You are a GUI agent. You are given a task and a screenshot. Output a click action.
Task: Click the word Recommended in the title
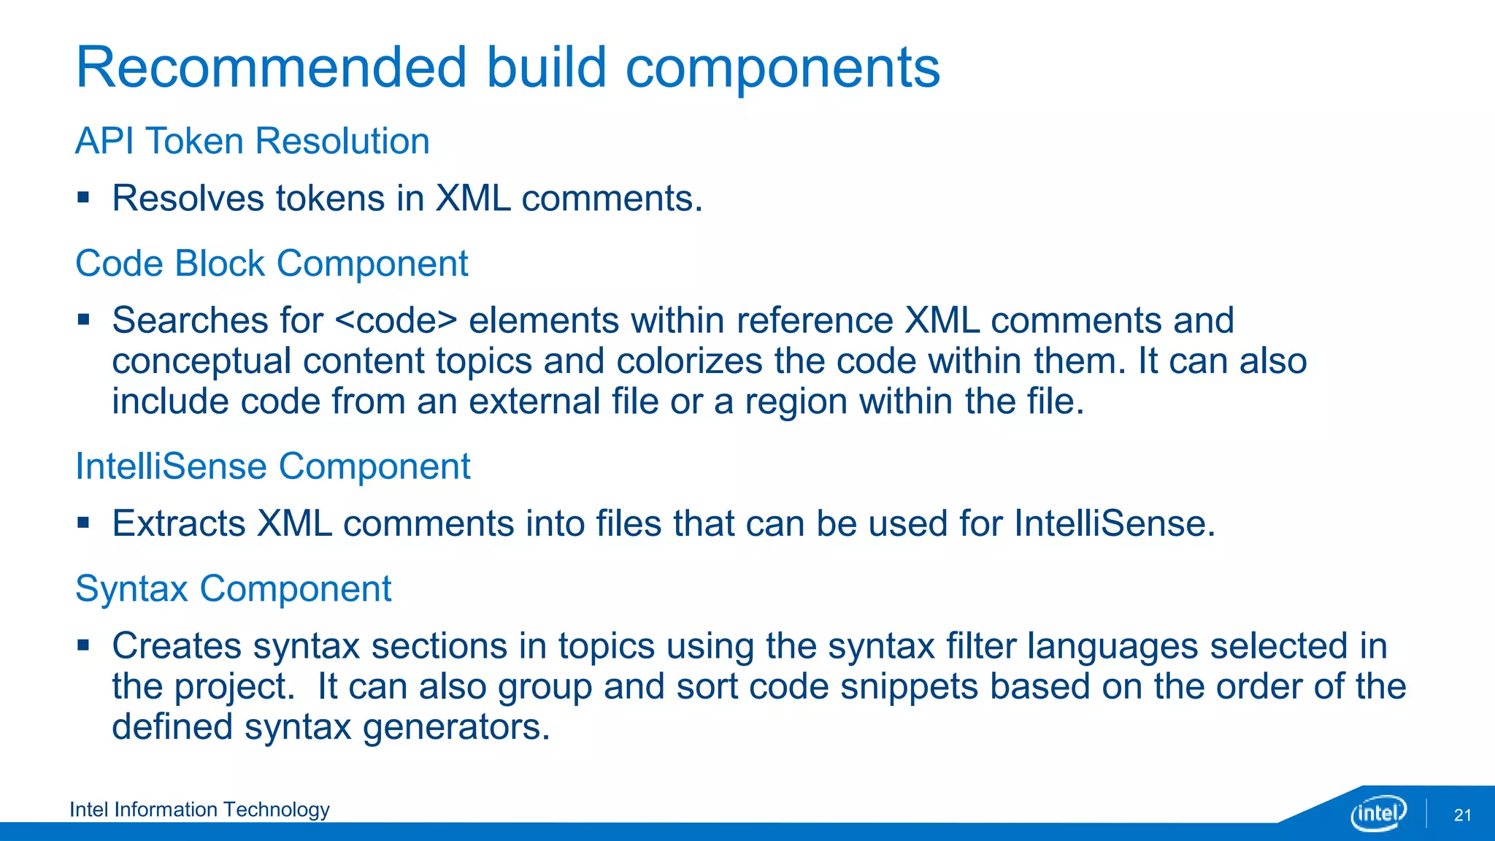pyautogui.click(x=271, y=68)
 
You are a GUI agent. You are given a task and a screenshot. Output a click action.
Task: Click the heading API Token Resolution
pyautogui.click(x=252, y=141)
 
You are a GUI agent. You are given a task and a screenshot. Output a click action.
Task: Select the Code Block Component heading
pyautogui.click(x=272, y=264)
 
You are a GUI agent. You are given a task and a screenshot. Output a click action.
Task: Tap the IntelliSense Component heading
pyautogui.click(x=273, y=466)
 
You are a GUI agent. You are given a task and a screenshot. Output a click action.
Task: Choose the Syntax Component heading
pyautogui.click(x=234, y=588)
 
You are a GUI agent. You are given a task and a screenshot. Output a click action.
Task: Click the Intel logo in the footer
pyautogui.click(x=1378, y=813)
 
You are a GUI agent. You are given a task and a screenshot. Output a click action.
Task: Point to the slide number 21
pyautogui.click(x=1462, y=815)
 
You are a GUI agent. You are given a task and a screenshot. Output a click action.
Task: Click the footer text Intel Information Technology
pyautogui.click(x=199, y=810)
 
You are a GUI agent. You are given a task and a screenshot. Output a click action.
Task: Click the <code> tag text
pyautogui.click(x=396, y=321)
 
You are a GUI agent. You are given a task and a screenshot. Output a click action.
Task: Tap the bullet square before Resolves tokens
pyautogui.click(x=83, y=197)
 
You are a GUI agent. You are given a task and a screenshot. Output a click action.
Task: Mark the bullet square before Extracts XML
pyautogui.click(x=83, y=523)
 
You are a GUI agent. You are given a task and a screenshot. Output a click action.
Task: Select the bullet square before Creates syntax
pyautogui.click(x=83, y=645)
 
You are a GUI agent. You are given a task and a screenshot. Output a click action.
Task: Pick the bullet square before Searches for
pyautogui.click(x=83, y=319)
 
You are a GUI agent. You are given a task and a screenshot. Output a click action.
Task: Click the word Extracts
pyautogui.click(x=179, y=524)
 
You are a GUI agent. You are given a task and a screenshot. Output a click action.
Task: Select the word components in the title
pyautogui.click(x=783, y=68)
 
